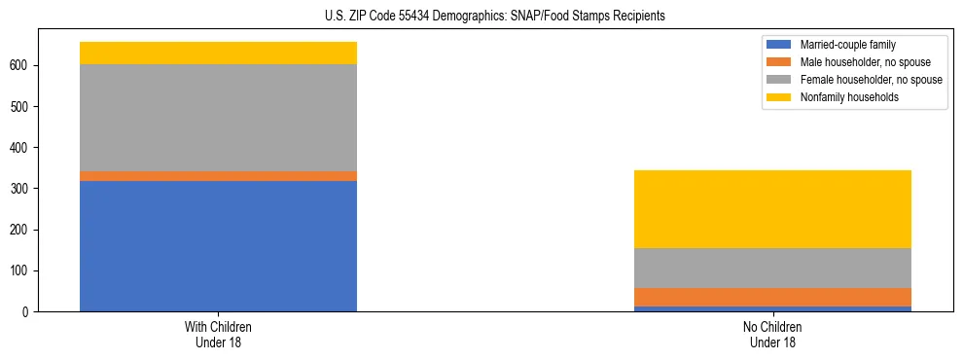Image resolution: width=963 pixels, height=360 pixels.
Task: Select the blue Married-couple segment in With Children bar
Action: [x=218, y=246]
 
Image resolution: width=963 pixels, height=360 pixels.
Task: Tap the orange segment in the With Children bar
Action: [x=218, y=176]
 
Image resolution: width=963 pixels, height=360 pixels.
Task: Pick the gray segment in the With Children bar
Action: [x=218, y=118]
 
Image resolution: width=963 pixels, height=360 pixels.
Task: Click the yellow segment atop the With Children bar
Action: [x=218, y=54]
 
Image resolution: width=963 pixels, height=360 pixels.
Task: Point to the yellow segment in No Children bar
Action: [x=772, y=209]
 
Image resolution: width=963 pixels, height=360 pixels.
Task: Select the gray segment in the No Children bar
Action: [x=772, y=268]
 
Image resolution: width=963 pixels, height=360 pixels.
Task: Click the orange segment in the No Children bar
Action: [x=772, y=297]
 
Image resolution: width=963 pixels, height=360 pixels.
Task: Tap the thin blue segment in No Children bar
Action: [x=772, y=308]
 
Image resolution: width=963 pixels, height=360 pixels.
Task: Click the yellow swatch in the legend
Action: [x=779, y=97]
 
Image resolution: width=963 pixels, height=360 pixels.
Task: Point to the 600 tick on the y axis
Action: [x=22, y=66]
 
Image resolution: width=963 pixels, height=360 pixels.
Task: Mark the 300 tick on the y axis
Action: [x=22, y=189]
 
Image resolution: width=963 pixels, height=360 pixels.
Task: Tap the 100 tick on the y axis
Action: [x=22, y=270]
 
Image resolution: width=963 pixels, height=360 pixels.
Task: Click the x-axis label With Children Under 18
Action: [x=218, y=334]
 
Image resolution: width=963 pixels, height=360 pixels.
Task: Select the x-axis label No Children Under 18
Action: [x=772, y=334]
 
